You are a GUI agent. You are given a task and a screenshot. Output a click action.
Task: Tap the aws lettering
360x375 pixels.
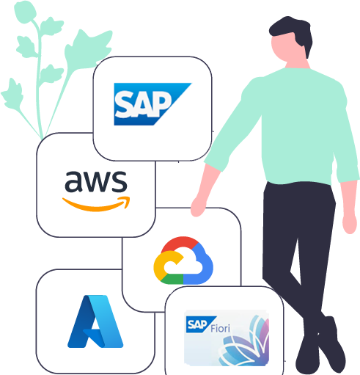coord(96,181)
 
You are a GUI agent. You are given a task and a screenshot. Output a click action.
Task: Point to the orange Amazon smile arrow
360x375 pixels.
coord(96,204)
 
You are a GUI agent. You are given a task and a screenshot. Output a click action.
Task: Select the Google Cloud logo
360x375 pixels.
coord(183,261)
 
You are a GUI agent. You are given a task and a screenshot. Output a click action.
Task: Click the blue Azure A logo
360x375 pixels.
coord(95,321)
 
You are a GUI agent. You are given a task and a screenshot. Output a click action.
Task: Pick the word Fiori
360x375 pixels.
coord(220,328)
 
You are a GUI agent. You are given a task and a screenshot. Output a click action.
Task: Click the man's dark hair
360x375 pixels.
coord(291,32)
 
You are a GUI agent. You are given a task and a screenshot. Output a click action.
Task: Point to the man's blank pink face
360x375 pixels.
coord(286,48)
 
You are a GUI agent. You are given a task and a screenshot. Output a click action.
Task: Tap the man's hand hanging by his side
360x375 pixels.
coord(350,222)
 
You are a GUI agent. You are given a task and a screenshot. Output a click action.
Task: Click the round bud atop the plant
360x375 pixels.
coord(24,12)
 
